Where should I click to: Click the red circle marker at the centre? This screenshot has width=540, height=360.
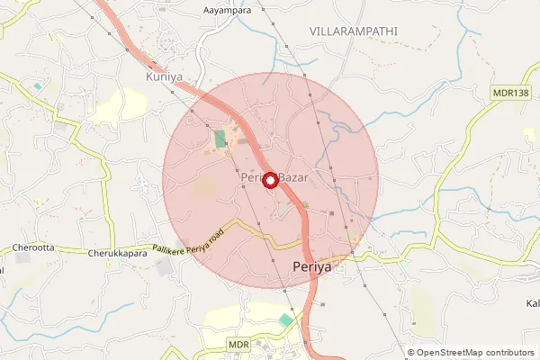point(270,179)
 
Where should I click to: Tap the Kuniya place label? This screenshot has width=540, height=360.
point(164,77)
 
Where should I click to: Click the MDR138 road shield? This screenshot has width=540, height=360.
point(510,92)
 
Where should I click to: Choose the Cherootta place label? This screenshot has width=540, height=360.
point(34,247)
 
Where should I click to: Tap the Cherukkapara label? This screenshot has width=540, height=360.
point(116,255)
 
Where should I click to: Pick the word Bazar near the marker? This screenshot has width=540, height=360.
point(293,178)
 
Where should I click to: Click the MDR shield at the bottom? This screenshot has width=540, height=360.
point(238,345)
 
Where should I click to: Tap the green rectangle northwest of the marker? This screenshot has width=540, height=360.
point(220,139)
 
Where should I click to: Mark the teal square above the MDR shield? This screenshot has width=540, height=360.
point(286,319)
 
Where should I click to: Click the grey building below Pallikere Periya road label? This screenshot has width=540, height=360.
point(165,267)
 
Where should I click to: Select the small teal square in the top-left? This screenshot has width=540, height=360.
point(39,86)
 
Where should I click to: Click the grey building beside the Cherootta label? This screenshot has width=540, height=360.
point(22,257)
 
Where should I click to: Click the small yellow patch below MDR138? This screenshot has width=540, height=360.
point(529,134)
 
